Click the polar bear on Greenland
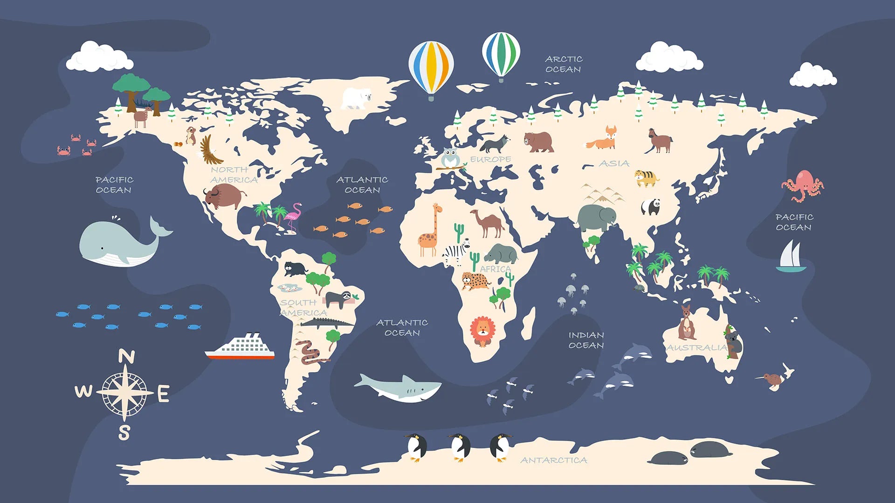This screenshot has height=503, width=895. click(356, 99)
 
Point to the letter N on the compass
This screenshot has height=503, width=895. click(126, 357)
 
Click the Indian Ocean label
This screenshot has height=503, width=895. click(586, 340)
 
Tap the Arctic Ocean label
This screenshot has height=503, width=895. click(564, 64)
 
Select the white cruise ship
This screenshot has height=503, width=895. click(241, 347)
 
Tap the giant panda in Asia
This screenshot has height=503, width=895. click(650, 206)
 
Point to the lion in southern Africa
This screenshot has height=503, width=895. click(482, 331)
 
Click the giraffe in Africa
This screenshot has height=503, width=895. click(429, 231)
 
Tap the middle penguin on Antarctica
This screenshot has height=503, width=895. click(460, 447)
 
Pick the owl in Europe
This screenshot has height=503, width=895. click(450, 158)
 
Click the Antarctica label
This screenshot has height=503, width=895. click(553, 460)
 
